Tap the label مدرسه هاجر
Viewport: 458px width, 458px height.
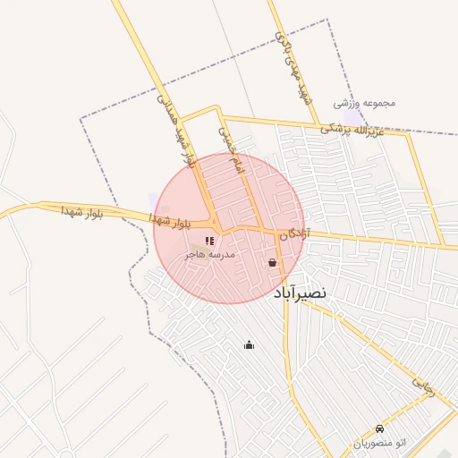(209, 255)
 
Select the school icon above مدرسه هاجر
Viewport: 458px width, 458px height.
(209, 241)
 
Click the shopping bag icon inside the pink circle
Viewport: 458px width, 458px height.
(272, 263)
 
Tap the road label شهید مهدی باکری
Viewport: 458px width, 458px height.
(295, 68)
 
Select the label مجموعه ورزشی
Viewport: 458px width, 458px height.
(364, 103)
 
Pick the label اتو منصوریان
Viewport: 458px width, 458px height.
(381, 444)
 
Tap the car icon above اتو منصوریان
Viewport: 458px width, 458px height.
(380, 428)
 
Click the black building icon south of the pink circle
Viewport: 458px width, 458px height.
(249, 345)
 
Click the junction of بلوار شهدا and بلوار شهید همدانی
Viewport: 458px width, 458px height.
(214, 223)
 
